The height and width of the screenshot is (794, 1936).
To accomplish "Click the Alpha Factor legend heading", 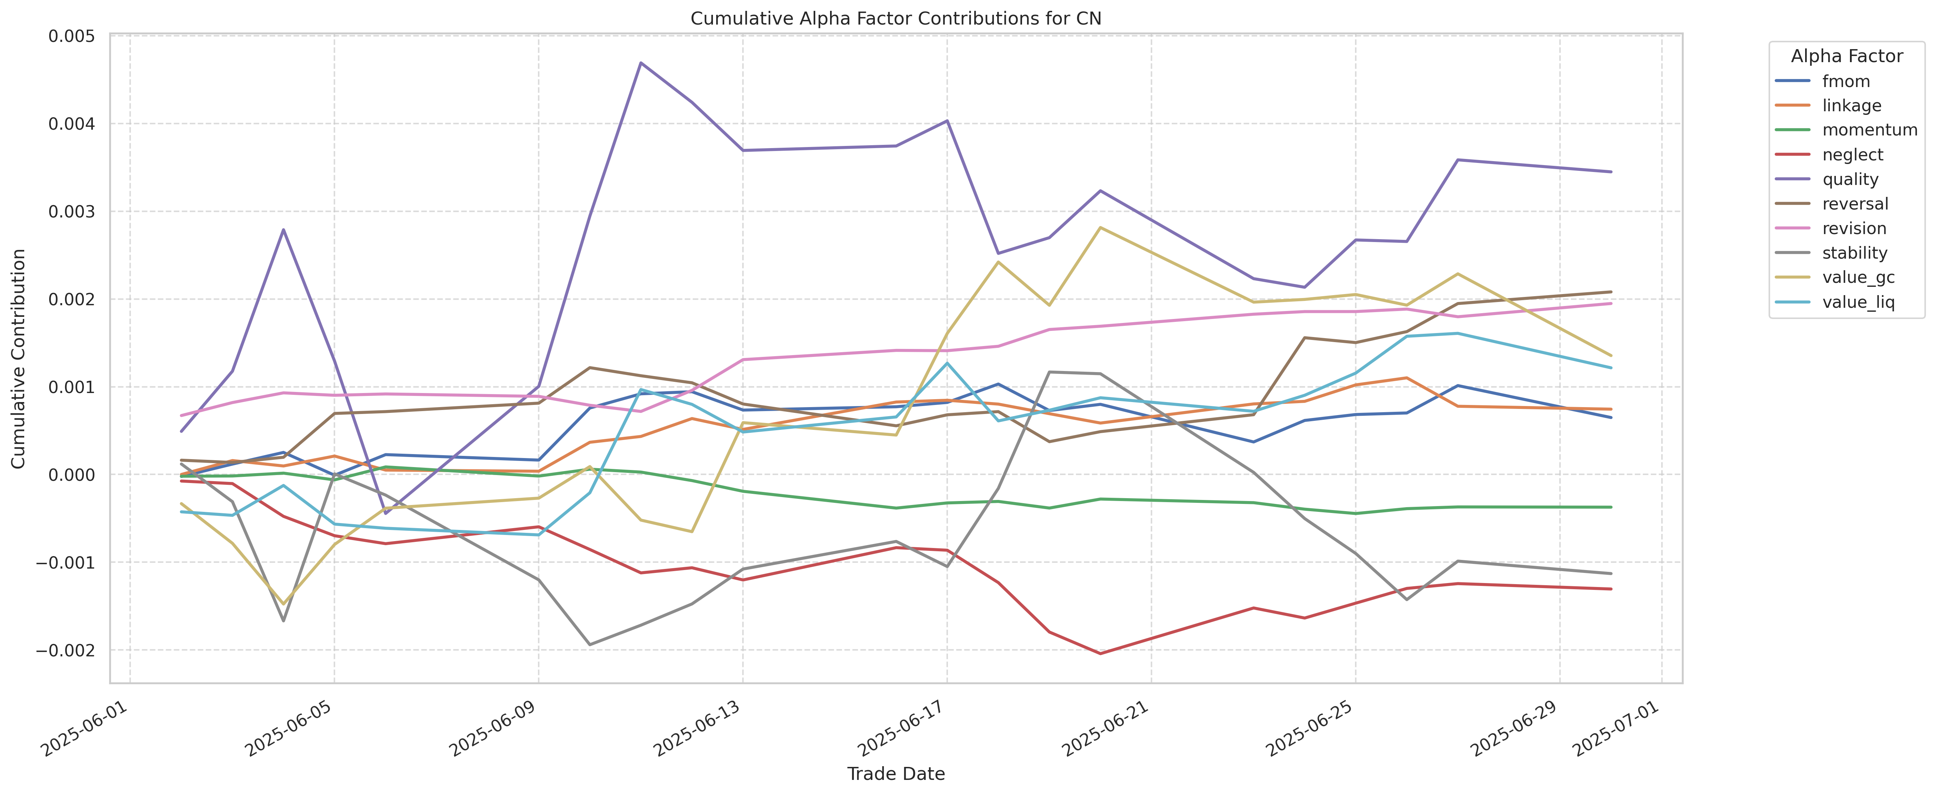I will [x=1847, y=56].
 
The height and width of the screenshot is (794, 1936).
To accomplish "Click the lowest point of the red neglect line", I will [x=1100, y=653].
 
